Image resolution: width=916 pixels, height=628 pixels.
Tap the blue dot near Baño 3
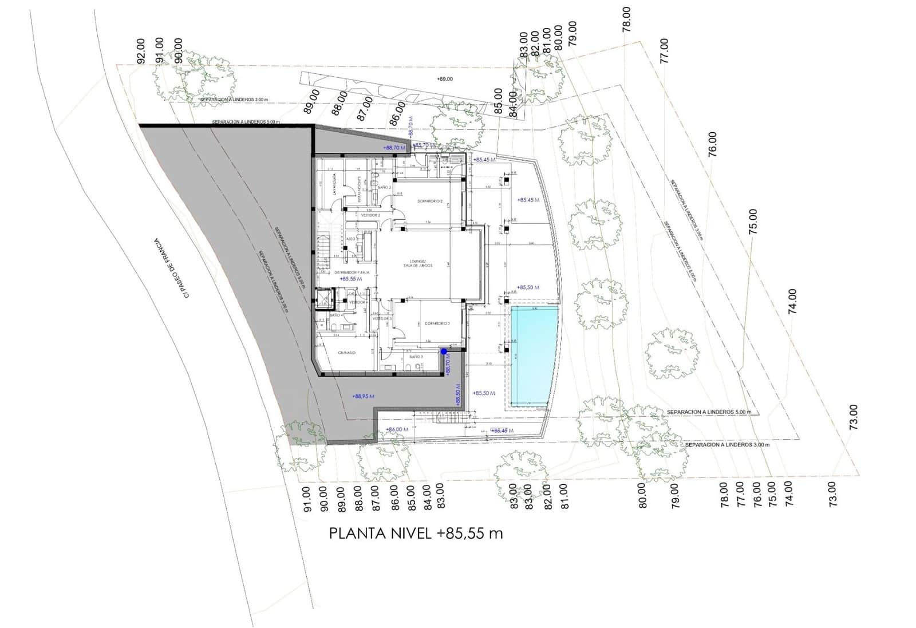[x=444, y=351]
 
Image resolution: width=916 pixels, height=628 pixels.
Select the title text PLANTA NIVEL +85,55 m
[x=416, y=534]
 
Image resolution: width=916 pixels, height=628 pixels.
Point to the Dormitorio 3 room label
[x=437, y=323]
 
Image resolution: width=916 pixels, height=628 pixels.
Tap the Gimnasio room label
[x=346, y=353]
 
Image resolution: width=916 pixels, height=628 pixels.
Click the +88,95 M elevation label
[x=364, y=396]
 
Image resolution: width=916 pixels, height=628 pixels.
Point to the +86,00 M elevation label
[x=397, y=429]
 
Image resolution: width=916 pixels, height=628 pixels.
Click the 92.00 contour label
[x=141, y=50]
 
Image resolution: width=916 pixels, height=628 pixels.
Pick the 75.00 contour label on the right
[x=753, y=221]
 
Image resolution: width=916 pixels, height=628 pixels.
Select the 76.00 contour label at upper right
[x=712, y=144]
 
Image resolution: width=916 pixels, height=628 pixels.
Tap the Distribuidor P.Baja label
[x=352, y=272]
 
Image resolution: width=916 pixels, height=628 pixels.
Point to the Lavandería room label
[x=334, y=184]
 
